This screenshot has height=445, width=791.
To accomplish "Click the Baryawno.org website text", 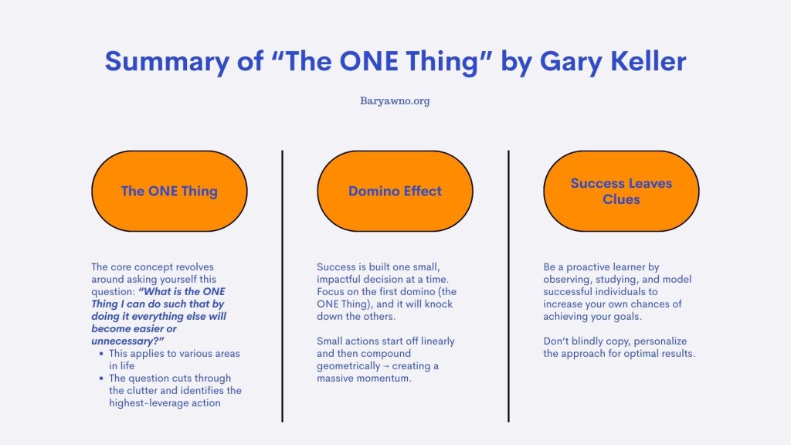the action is tap(395, 101).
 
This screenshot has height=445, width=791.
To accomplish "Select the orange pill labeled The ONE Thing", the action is tap(169, 192).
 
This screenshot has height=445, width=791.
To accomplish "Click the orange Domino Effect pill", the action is tap(395, 192).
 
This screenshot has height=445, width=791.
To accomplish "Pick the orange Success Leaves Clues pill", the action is tap(621, 192).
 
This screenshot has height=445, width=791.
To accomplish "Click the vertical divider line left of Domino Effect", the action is tap(282, 286).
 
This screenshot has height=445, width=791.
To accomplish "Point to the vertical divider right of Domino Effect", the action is tap(508, 286).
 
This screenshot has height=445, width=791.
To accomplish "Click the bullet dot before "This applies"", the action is tap(101, 354).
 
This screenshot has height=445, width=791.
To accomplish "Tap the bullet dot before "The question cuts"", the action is tap(101, 379).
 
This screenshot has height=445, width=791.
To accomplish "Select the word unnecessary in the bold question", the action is tap(124, 341).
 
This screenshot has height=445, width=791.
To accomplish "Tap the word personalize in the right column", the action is tap(660, 341).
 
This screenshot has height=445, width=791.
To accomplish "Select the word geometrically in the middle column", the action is tap(348, 366).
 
